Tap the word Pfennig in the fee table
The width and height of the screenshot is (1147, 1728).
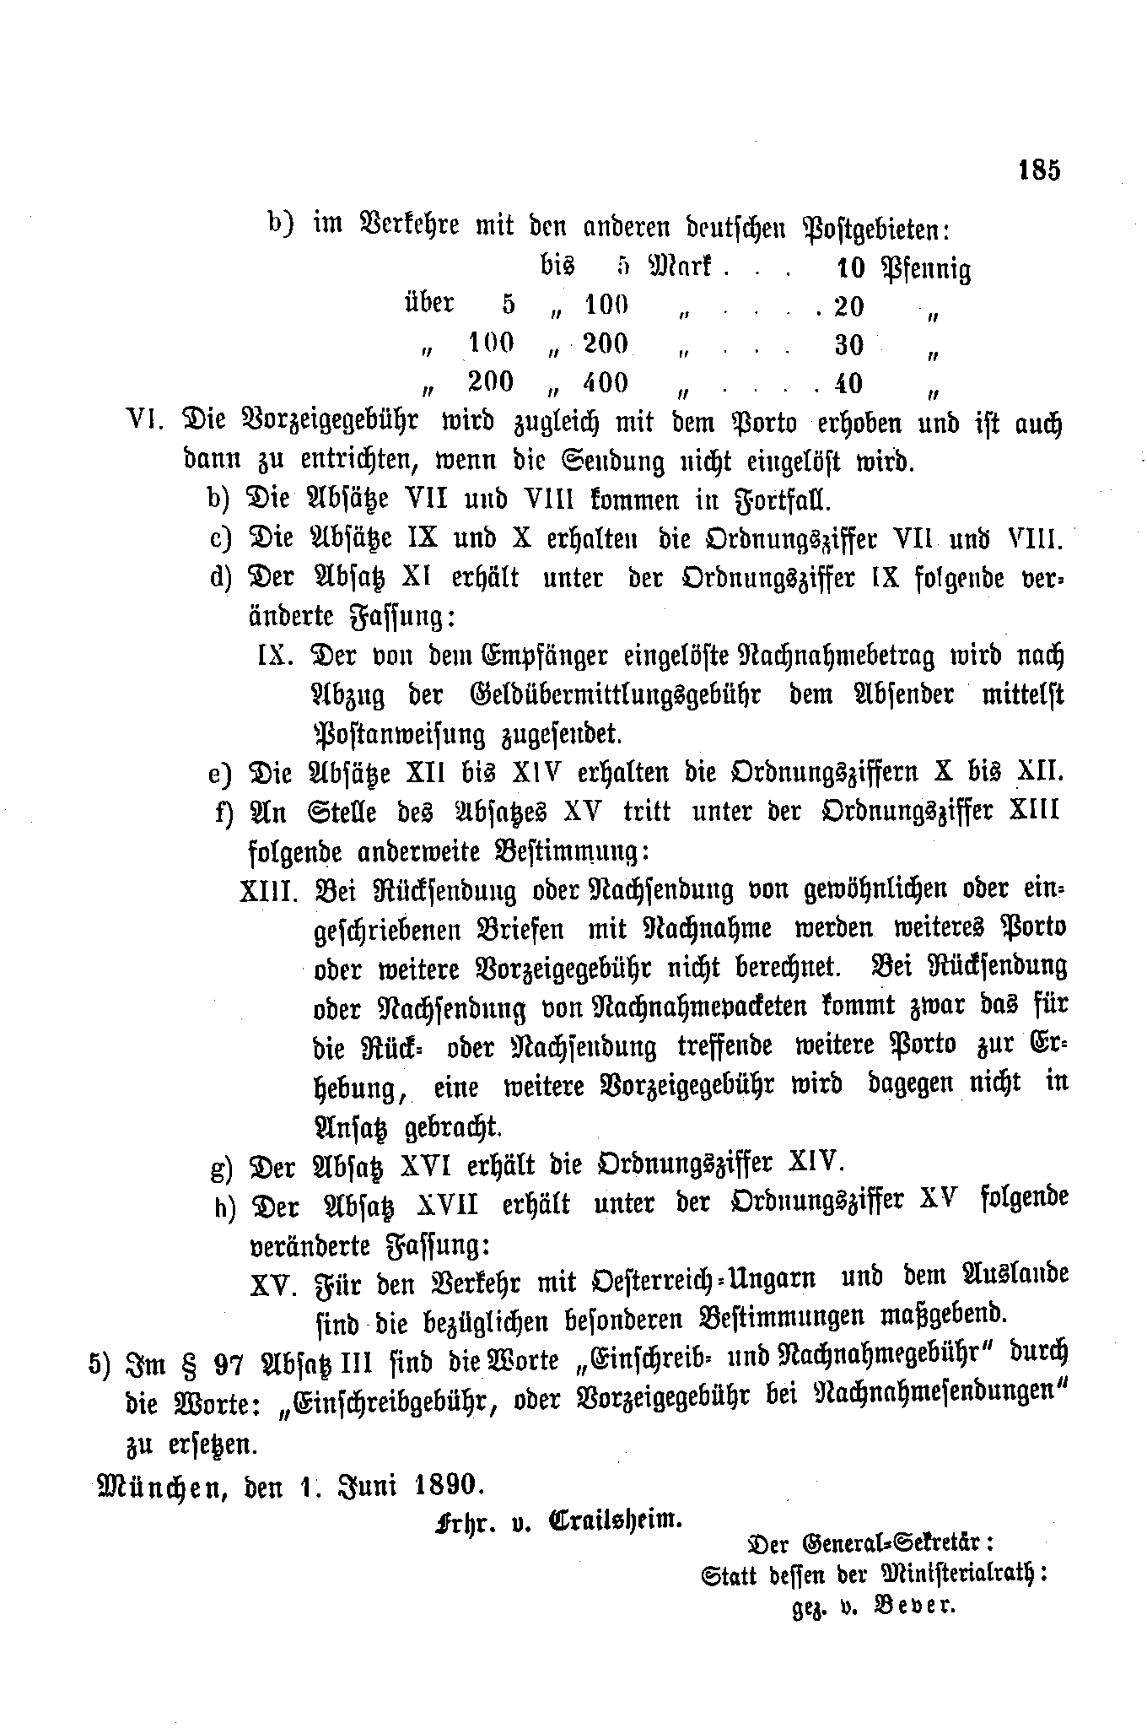[925, 269]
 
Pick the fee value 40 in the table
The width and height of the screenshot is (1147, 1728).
[848, 383]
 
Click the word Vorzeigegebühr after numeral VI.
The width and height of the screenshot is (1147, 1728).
[330, 422]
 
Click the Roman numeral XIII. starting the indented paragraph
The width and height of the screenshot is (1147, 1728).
[269, 891]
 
